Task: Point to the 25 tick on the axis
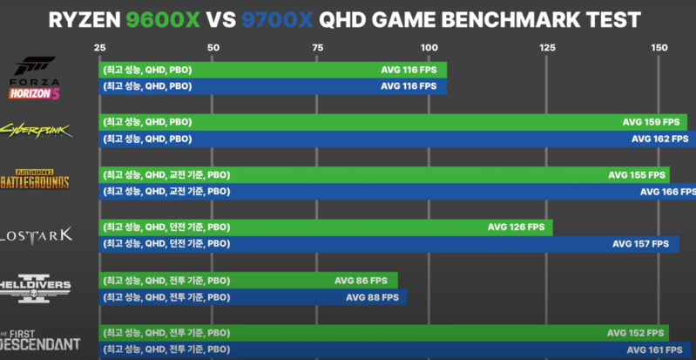pos(100,47)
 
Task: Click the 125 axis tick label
pos(548,47)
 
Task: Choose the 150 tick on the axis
pos(659,47)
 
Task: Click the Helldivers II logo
pos(34,287)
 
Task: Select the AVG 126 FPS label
pos(516,227)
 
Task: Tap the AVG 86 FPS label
pos(362,280)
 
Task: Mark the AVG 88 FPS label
pos(373,296)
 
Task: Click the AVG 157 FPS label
pos(640,243)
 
